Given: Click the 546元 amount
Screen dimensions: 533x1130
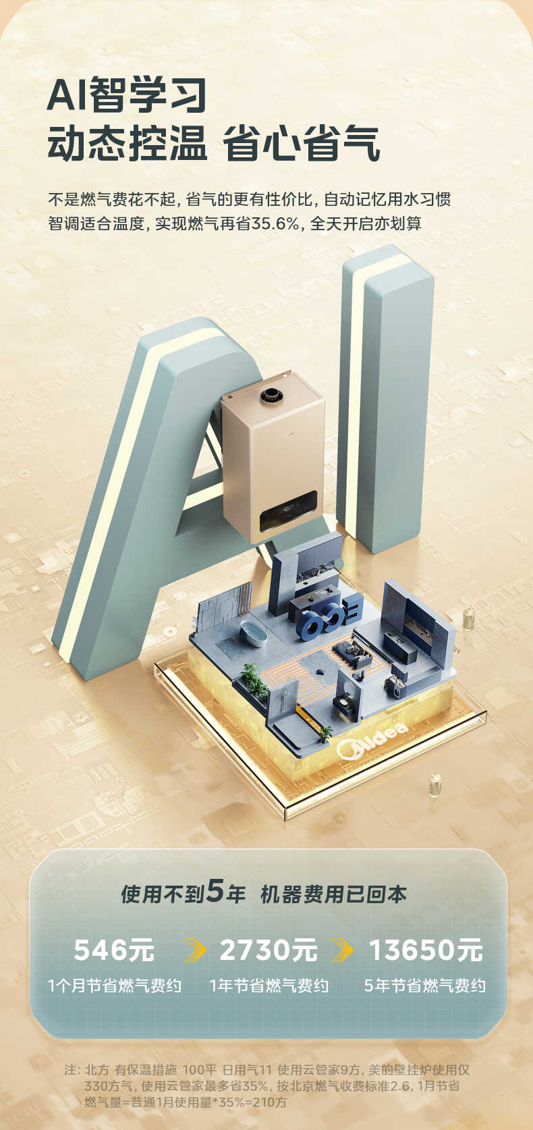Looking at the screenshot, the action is tap(114, 950).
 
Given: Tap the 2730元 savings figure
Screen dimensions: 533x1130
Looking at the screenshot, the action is tap(269, 950).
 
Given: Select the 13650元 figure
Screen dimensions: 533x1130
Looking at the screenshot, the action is tap(426, 950).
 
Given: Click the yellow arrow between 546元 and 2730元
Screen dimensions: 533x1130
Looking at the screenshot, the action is tap(195, 950).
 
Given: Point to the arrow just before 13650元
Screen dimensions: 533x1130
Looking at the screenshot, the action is tap(342, 950).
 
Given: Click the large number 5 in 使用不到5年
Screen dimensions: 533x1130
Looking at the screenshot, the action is tap(215, 891).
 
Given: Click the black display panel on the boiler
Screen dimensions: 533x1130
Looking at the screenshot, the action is tap(289, 510).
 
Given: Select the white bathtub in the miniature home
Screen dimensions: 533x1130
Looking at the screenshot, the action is tap(252, 633).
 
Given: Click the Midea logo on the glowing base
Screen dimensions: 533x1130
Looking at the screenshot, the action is tap(372, 741).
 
